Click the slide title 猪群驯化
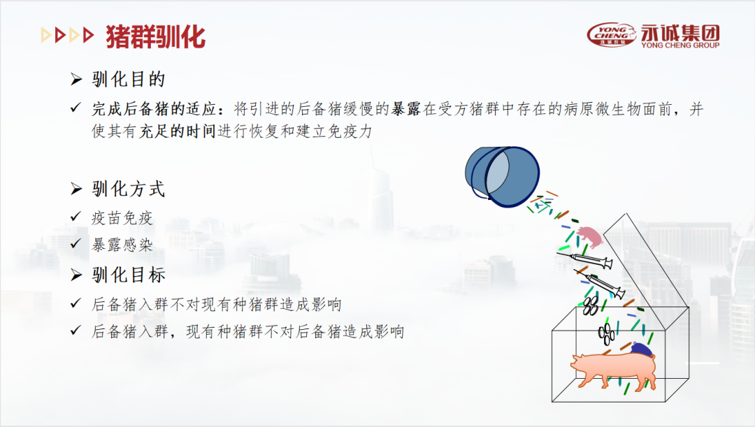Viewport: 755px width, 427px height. click(156, 36)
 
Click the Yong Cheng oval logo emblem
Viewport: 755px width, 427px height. click(612, 34)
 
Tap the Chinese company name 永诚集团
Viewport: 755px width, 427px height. click(679, 31)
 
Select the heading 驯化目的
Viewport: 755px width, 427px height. click(129, 80)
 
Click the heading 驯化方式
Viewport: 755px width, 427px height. click(129, 189)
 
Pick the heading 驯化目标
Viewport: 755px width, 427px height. click(129, 275)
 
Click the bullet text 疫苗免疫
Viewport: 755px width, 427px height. click(122, 218)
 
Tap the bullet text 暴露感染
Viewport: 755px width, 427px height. click(122, 245)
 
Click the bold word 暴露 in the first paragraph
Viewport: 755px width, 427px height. click(405, 110)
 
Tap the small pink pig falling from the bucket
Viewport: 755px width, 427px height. click(591, 238)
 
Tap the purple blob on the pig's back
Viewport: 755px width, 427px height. click(640, 349)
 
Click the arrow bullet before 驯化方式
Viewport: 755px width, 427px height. click(77, 189)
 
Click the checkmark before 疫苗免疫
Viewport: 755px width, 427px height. click(76, 218)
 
